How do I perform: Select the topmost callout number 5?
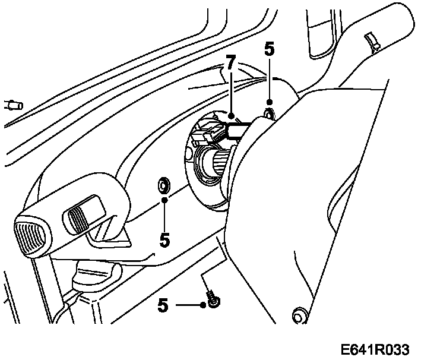click(x=269, y=50)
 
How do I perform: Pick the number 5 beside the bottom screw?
click(x=163, y=305)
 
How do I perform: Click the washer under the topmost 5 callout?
click(x=268, y=112)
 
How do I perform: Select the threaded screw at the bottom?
click(x=213, y=298)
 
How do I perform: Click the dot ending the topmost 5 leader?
click(x=269, y=103)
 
